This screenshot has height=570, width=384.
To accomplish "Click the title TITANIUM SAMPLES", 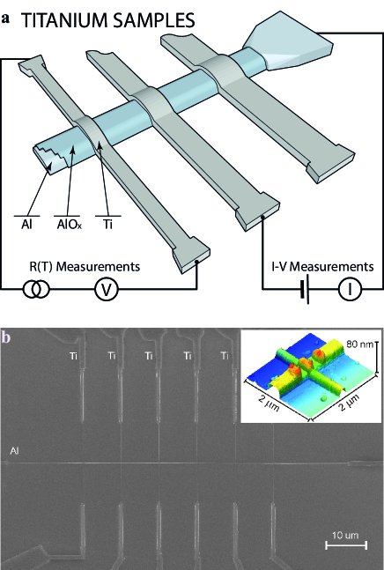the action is click(x=108, y=21).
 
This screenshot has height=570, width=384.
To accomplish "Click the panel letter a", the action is click(x=5, y=19).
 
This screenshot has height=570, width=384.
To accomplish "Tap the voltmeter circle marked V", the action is click(x=107, y=289).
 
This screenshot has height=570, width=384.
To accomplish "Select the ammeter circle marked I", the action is click(x=350, y=289).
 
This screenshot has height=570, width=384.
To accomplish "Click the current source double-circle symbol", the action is click(x=36, y=289).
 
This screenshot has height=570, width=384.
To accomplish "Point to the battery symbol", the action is click(x=305, y=289).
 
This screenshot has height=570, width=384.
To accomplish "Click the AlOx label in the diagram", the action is click(x=69, y=224).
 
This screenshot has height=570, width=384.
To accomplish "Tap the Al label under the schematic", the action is click(x=26, y=224).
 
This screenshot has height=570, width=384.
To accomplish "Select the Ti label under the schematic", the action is click(x=107, y=224).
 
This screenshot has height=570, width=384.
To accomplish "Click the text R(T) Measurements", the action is click(x=85, y=266).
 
